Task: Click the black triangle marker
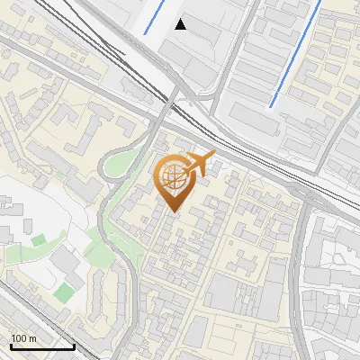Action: [x=181, y=24]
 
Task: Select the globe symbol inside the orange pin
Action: [x=175, y=175]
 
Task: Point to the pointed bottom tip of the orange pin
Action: [x=175, y=212]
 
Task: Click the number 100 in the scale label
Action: [x=19, y=338]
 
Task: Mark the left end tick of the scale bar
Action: [x=10, y=345]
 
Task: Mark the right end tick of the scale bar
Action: [x=74, y=345]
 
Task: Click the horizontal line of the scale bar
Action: [x=41, y=346]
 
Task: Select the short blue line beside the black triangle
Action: [x=155, y=16]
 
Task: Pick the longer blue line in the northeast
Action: [x=294, y=54]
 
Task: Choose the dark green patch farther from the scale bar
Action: [x=37, y=240]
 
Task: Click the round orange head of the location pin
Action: [x=175, y=176]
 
